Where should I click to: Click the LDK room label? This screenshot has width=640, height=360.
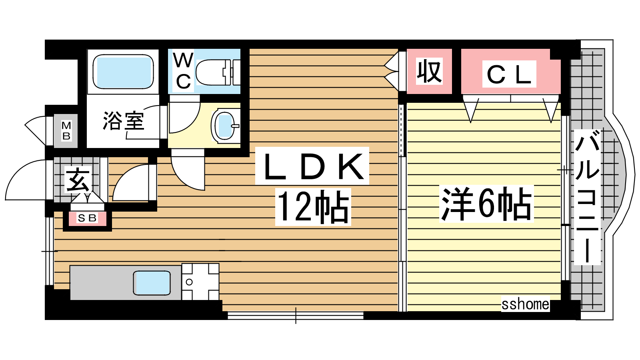coord(312,166)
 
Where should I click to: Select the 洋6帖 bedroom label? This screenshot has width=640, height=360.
coord(486,204)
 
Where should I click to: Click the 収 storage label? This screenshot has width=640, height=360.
coord(429,72)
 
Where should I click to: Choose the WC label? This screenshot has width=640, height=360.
coord(183,71)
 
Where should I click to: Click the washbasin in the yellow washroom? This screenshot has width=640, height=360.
coord(225,125)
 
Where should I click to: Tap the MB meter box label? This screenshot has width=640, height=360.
coord(66,131)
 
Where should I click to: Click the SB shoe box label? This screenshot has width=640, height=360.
coord(87,218)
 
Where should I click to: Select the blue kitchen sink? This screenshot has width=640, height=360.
coord(152,282)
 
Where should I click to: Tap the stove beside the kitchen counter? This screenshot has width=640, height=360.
coord(200,282)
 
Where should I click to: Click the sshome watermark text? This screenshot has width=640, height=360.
coord(525,304)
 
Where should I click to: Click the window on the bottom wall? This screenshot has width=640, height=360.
coord(296,316)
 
